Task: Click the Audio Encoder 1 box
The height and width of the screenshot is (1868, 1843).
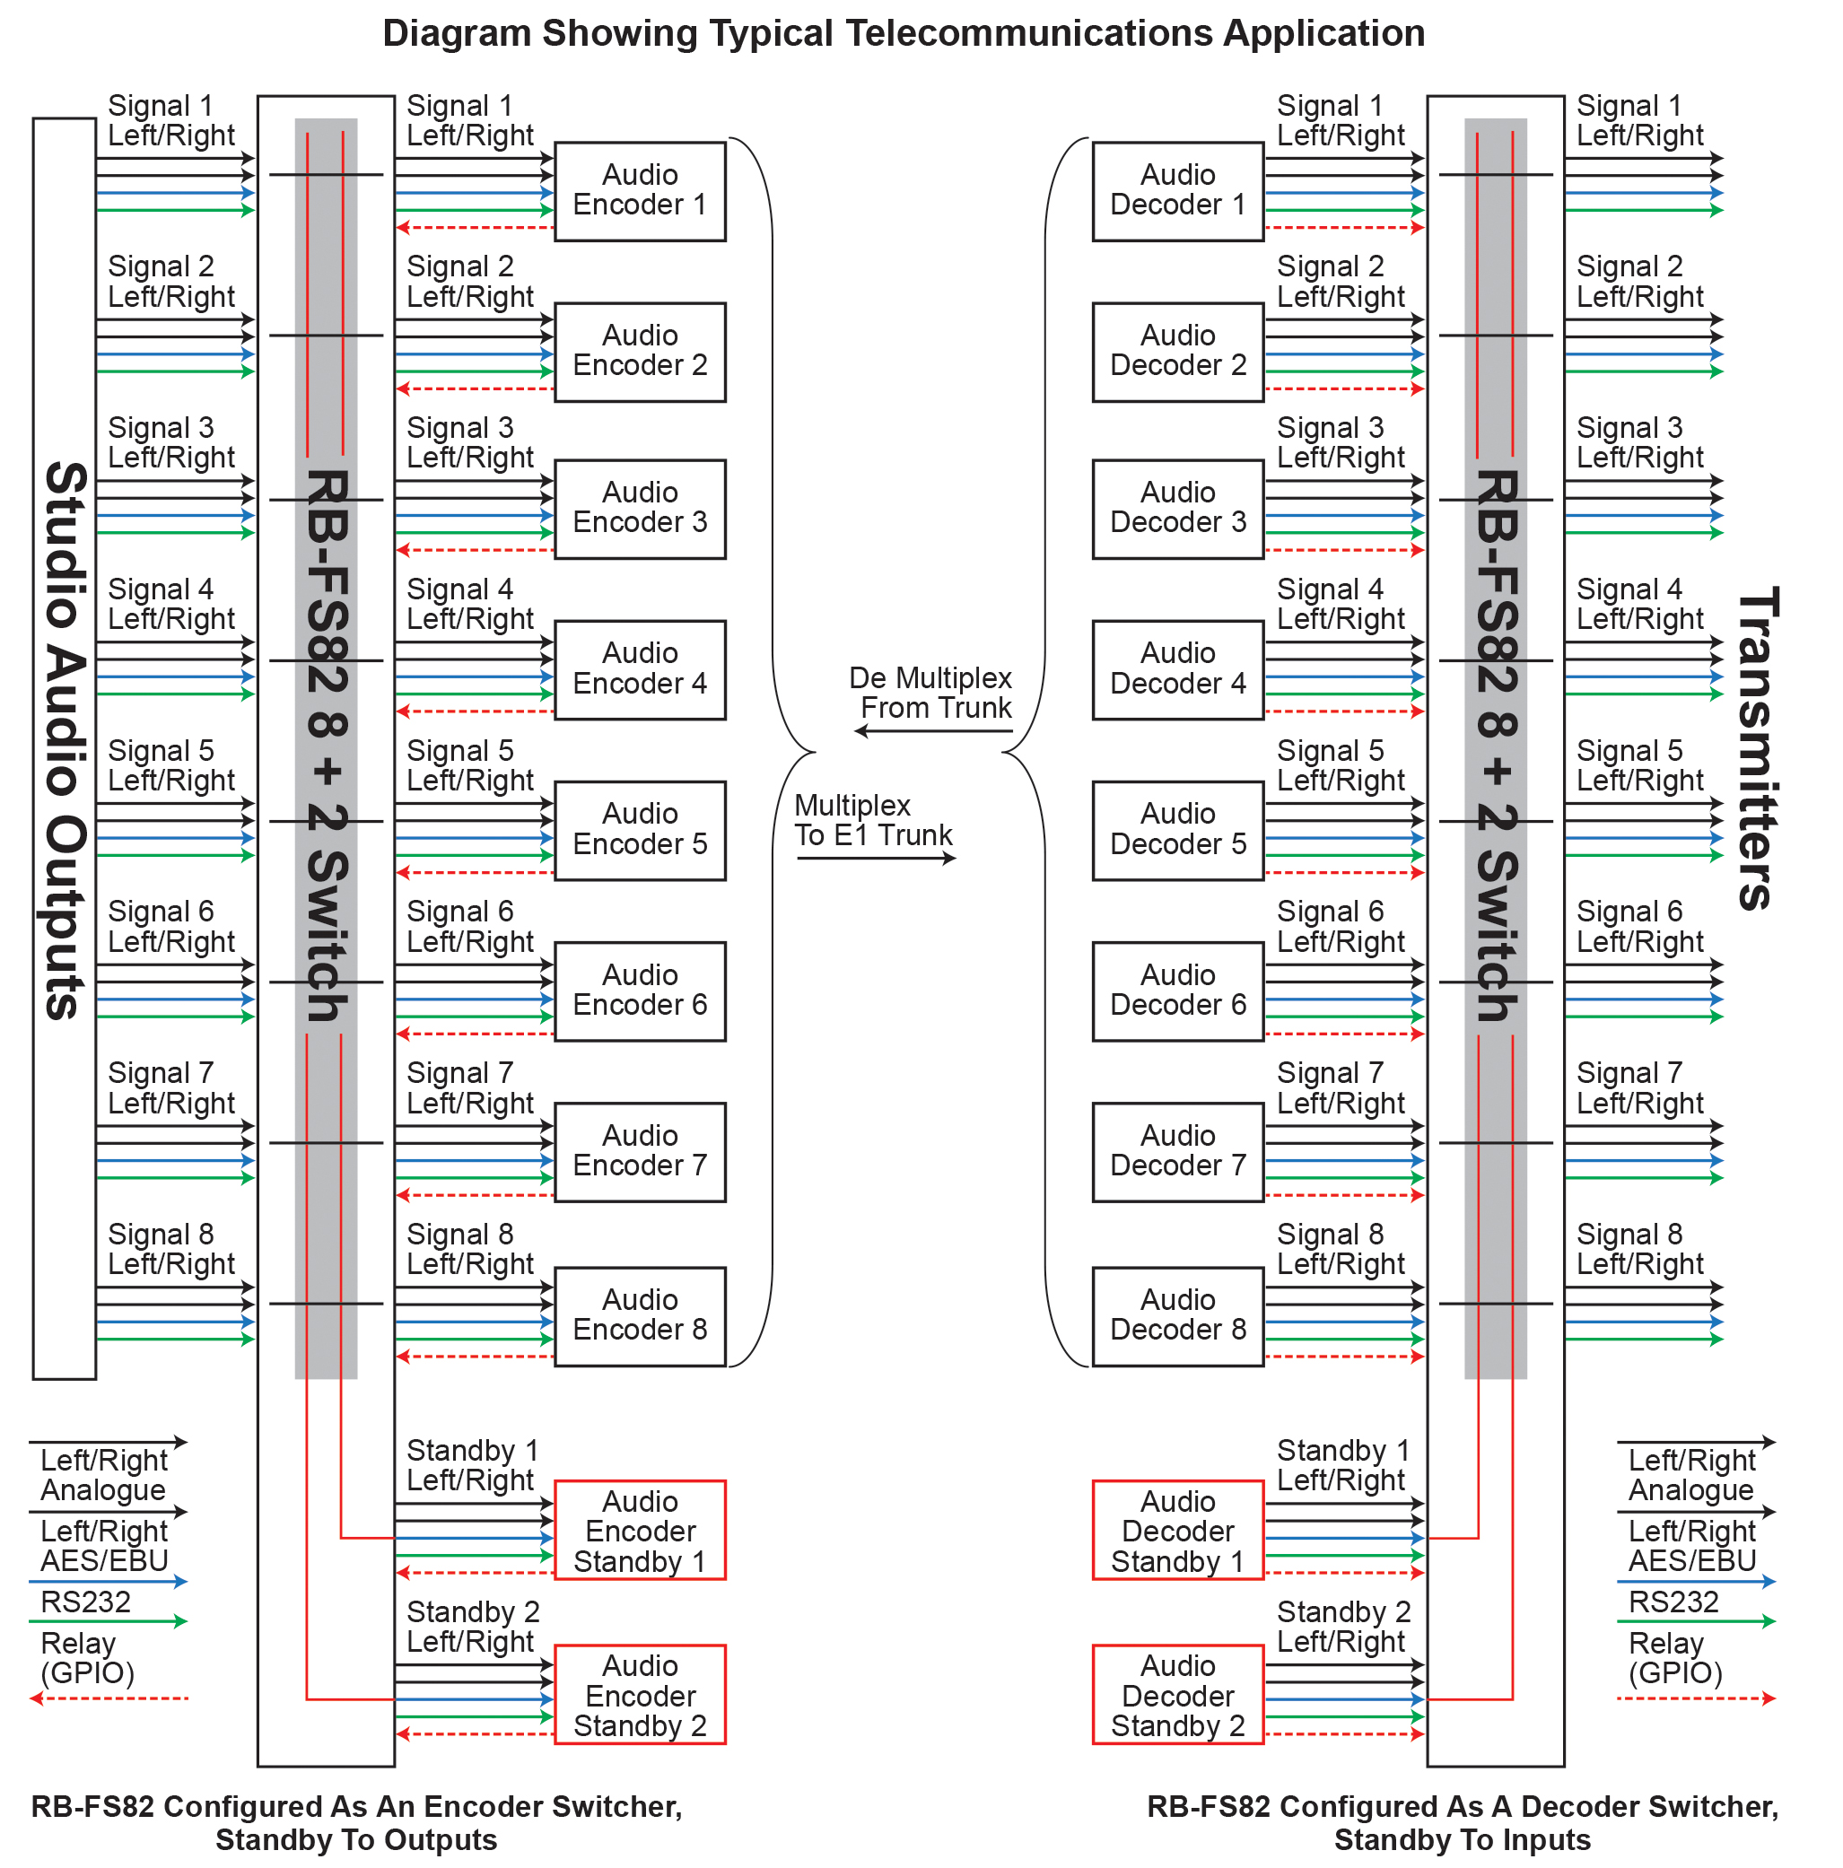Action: (x=639, y=191)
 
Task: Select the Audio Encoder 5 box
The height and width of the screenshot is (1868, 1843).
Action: (x=639, y=830)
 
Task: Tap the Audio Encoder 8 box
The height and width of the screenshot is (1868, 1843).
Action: (x=639, y=1315)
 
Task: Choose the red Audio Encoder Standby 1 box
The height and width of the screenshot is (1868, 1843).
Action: (x=639, y=1531)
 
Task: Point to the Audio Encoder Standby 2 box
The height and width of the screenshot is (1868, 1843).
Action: (x=639, y=1695)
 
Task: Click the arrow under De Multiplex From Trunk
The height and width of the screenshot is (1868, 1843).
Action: (x=933, y=731)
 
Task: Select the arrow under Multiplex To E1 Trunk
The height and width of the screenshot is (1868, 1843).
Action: (x=875, y=858)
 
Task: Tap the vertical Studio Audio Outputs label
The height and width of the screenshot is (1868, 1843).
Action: (x=65, y=739)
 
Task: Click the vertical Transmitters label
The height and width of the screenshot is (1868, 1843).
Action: (x=1756, y=747)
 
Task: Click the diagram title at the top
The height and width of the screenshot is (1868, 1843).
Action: (x=904, y=34)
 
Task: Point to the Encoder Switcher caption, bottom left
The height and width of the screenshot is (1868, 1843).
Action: (x=356, y=1821)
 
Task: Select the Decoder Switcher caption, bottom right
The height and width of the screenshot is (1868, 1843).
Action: (x=1461, y=1821)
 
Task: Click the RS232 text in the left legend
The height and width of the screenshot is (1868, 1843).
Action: (x=85, y=1602)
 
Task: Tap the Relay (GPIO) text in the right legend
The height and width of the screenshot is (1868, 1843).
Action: (x=1674, y=1658)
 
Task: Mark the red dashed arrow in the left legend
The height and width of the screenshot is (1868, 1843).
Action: (x=109, y=1698)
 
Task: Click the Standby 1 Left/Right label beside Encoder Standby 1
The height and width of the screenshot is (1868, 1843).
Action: (x=472, y=1465)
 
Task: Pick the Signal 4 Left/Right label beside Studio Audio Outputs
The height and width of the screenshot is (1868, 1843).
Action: (x=171, y=603)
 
